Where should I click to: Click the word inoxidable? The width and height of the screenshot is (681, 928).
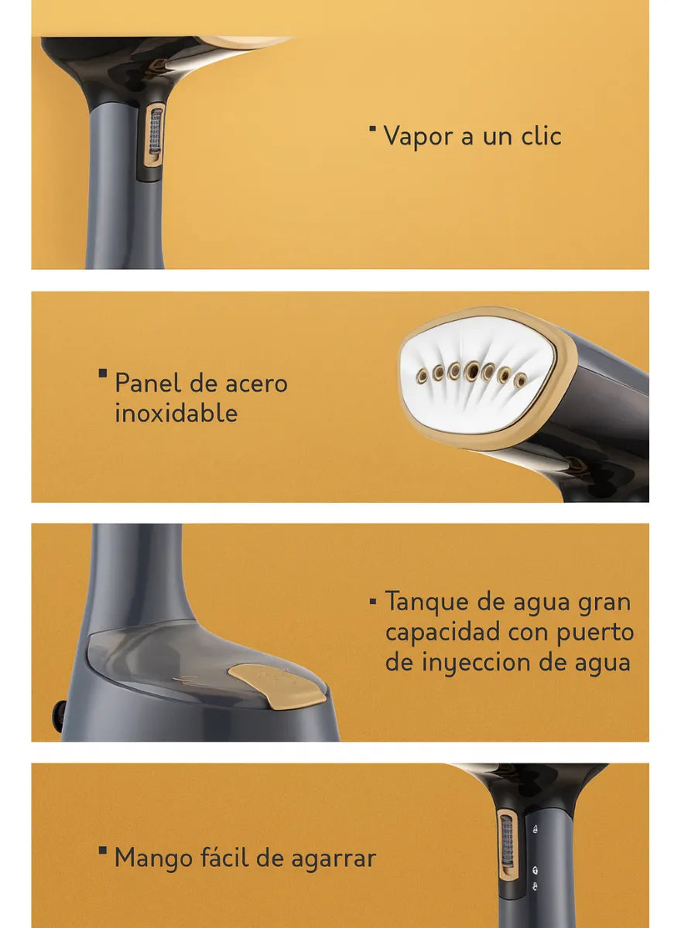point(176,412)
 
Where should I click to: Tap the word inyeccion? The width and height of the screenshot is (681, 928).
point(475,663)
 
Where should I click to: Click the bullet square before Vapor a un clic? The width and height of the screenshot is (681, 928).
point(373,128)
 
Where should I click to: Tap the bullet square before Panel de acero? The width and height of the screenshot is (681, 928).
point(103,374)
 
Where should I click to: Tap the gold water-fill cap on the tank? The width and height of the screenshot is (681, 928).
point(278,686)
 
